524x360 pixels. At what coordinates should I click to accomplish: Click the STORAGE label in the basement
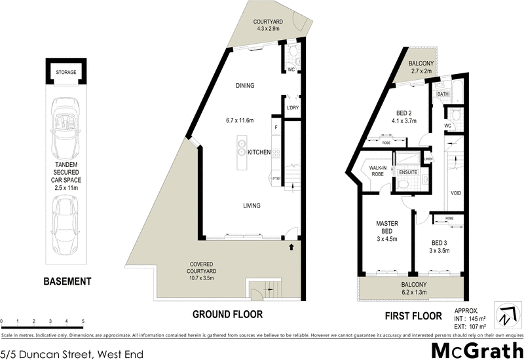coord(65,73)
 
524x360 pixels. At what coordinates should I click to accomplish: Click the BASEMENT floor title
coord(67,282)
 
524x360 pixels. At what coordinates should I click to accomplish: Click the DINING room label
coord(244,86)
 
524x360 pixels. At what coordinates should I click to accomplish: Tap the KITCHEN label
coord(259,153)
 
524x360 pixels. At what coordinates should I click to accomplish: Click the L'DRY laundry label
coord(292,108)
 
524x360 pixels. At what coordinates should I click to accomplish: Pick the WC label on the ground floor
coord(292,69)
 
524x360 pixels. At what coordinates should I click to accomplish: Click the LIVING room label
coord(252,206)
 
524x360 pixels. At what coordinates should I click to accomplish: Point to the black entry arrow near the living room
coord(291,247)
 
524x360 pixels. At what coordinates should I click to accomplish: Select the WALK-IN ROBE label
coord(375,171)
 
